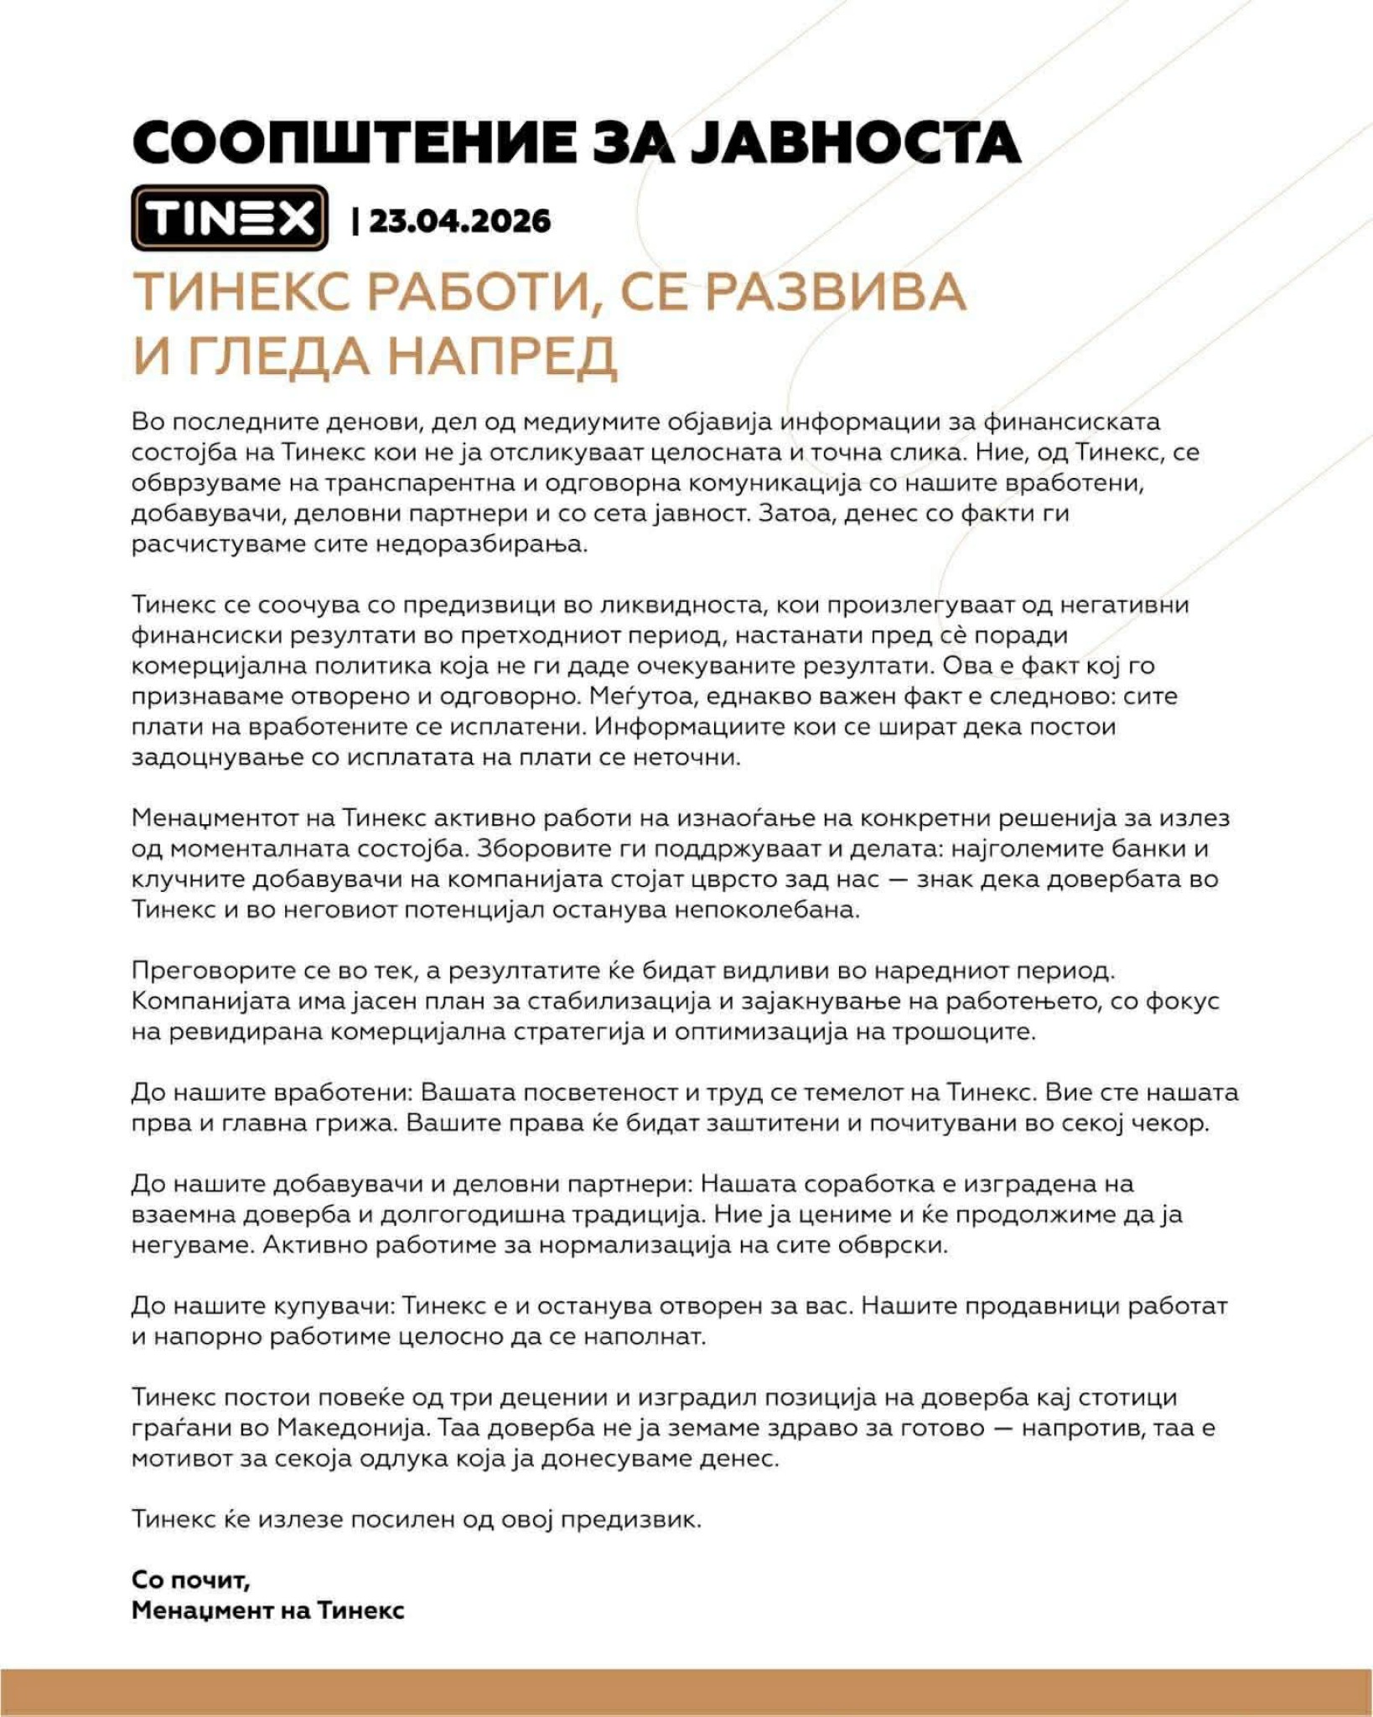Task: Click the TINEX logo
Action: [x=229, y=218]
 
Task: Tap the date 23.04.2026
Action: [x=459, y=221]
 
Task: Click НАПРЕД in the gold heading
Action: [x=500, y=356]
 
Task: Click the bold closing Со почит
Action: [x=190, y=1580]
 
